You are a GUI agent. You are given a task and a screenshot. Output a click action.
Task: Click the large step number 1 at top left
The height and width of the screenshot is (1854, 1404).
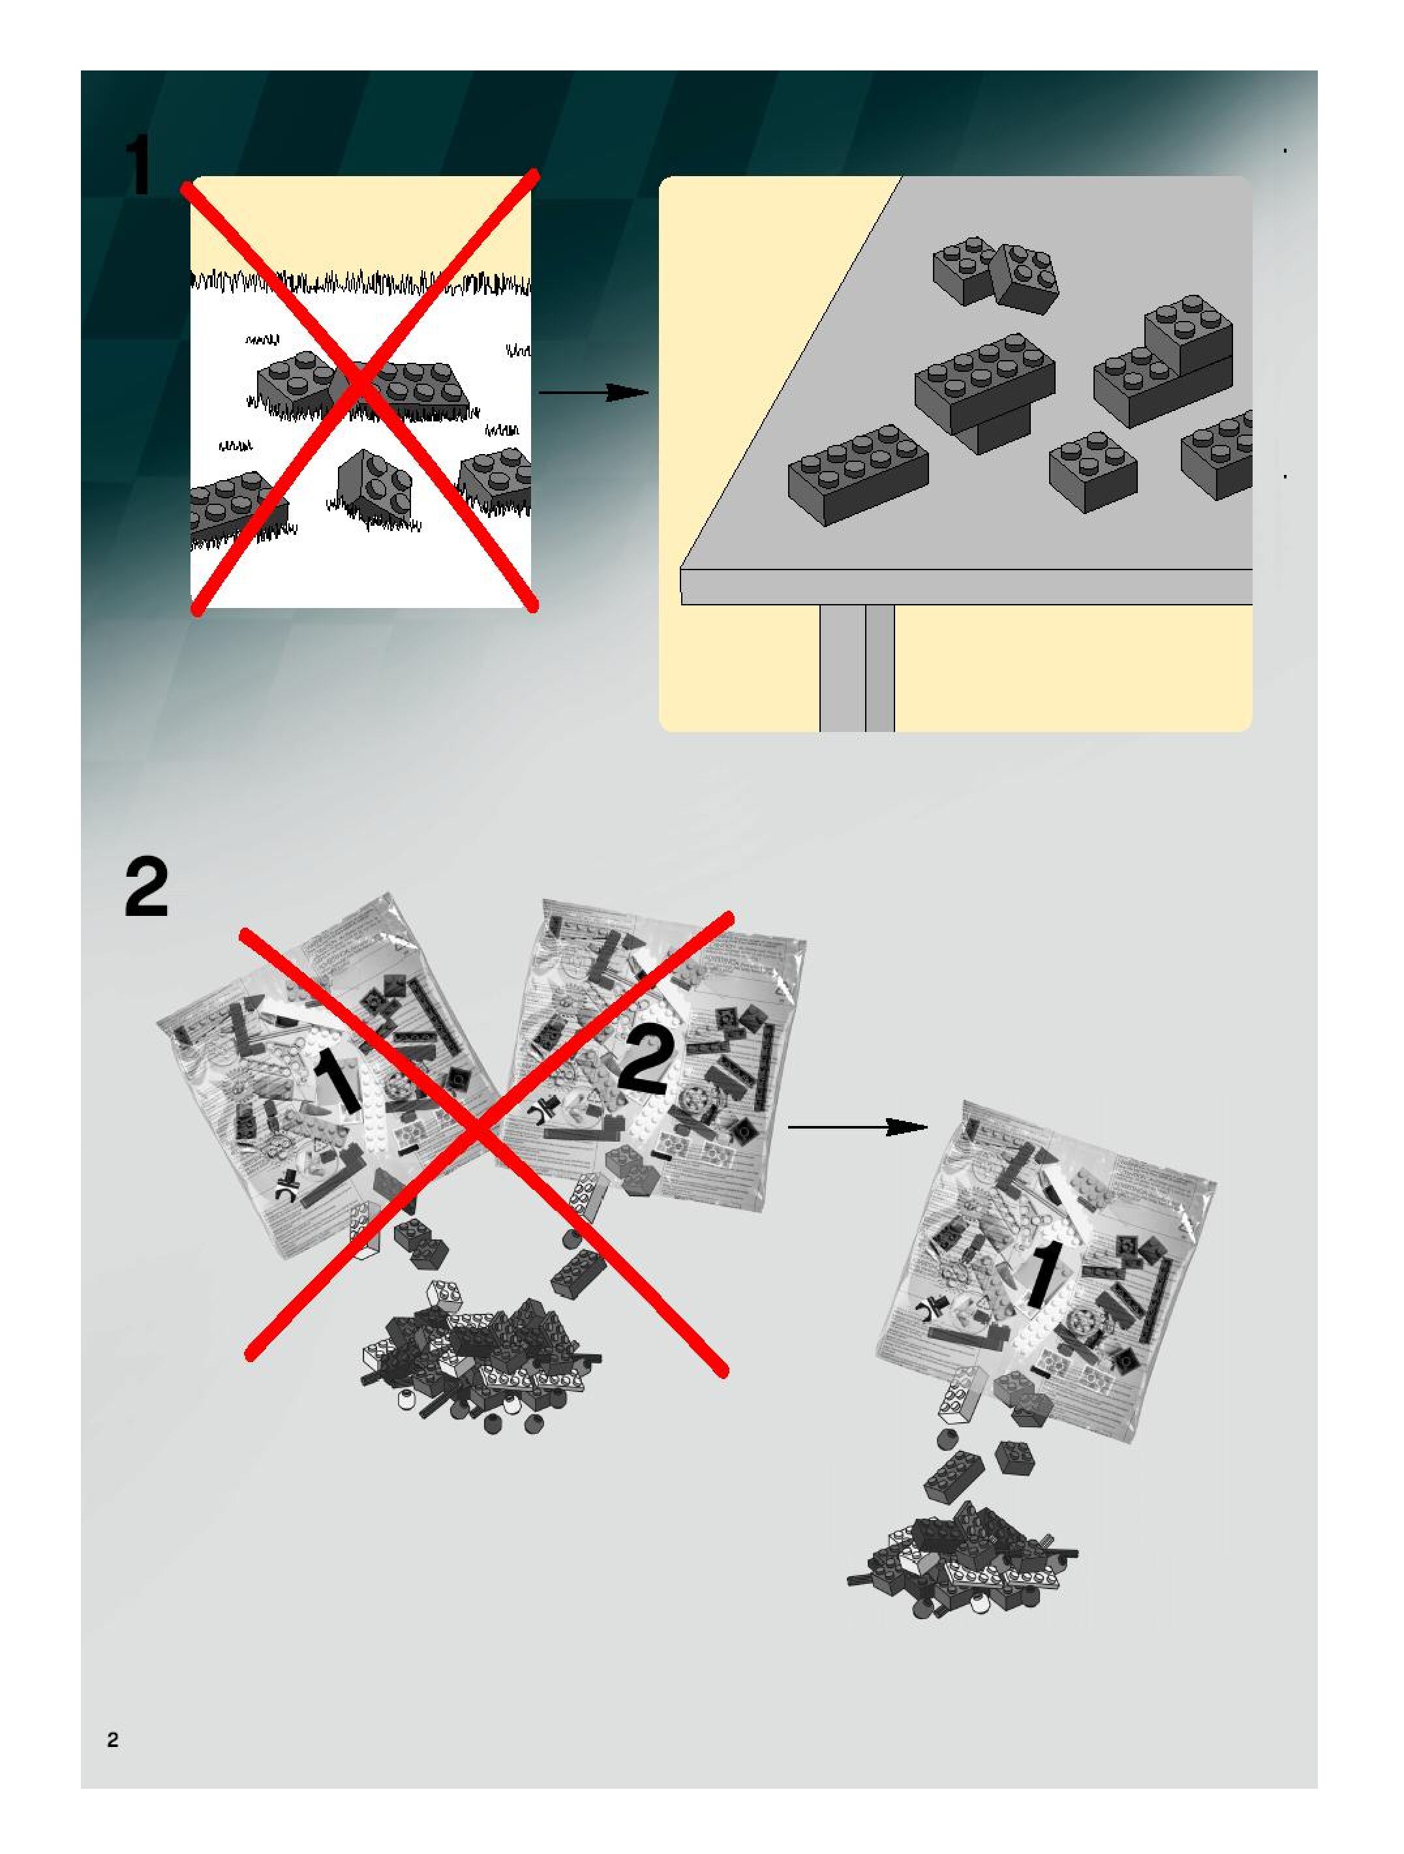coord(138,167)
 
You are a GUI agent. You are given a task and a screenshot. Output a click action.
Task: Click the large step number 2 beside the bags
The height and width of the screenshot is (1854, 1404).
coord(147,886)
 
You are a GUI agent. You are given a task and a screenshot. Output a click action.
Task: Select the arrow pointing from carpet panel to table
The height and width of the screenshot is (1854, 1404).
coord(592,392)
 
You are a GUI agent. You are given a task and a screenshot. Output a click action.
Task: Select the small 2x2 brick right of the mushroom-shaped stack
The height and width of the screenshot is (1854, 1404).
coord(1092,469)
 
